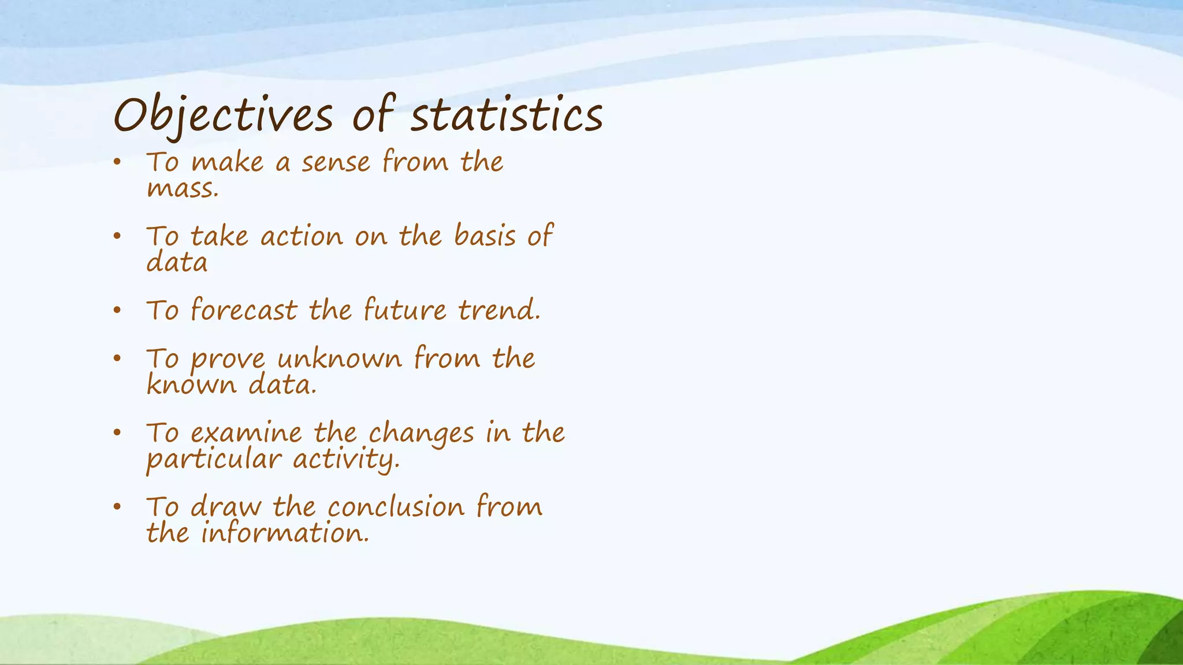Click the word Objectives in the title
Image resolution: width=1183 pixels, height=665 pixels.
tap(223, 115)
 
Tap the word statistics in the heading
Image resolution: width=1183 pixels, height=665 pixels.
tap(507, 115)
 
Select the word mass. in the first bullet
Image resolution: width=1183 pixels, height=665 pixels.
tap(183, 189)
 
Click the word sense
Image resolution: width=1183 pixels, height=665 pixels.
tap(336, 162)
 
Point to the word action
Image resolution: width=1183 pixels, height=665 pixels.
tap(302, 237)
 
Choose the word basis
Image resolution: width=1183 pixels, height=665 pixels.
tap(485, 237)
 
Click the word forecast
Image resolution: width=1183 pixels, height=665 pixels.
tap(243, 311)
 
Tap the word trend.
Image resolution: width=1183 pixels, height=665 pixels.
tap(499, 311)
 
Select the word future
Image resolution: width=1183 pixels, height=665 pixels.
tap(405, 311)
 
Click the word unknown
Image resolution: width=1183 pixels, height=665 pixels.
tap(339, 359)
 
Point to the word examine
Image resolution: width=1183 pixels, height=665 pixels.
tap(246, 433)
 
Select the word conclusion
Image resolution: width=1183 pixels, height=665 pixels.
tap(396, 507)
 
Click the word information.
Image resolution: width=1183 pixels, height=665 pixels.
tap(285, 533)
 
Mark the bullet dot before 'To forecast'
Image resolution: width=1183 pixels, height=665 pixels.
tap(117, 311)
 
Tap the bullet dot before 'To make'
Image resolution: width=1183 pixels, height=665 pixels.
tap(117, 162)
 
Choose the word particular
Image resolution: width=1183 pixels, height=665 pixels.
tap(214, 460)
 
